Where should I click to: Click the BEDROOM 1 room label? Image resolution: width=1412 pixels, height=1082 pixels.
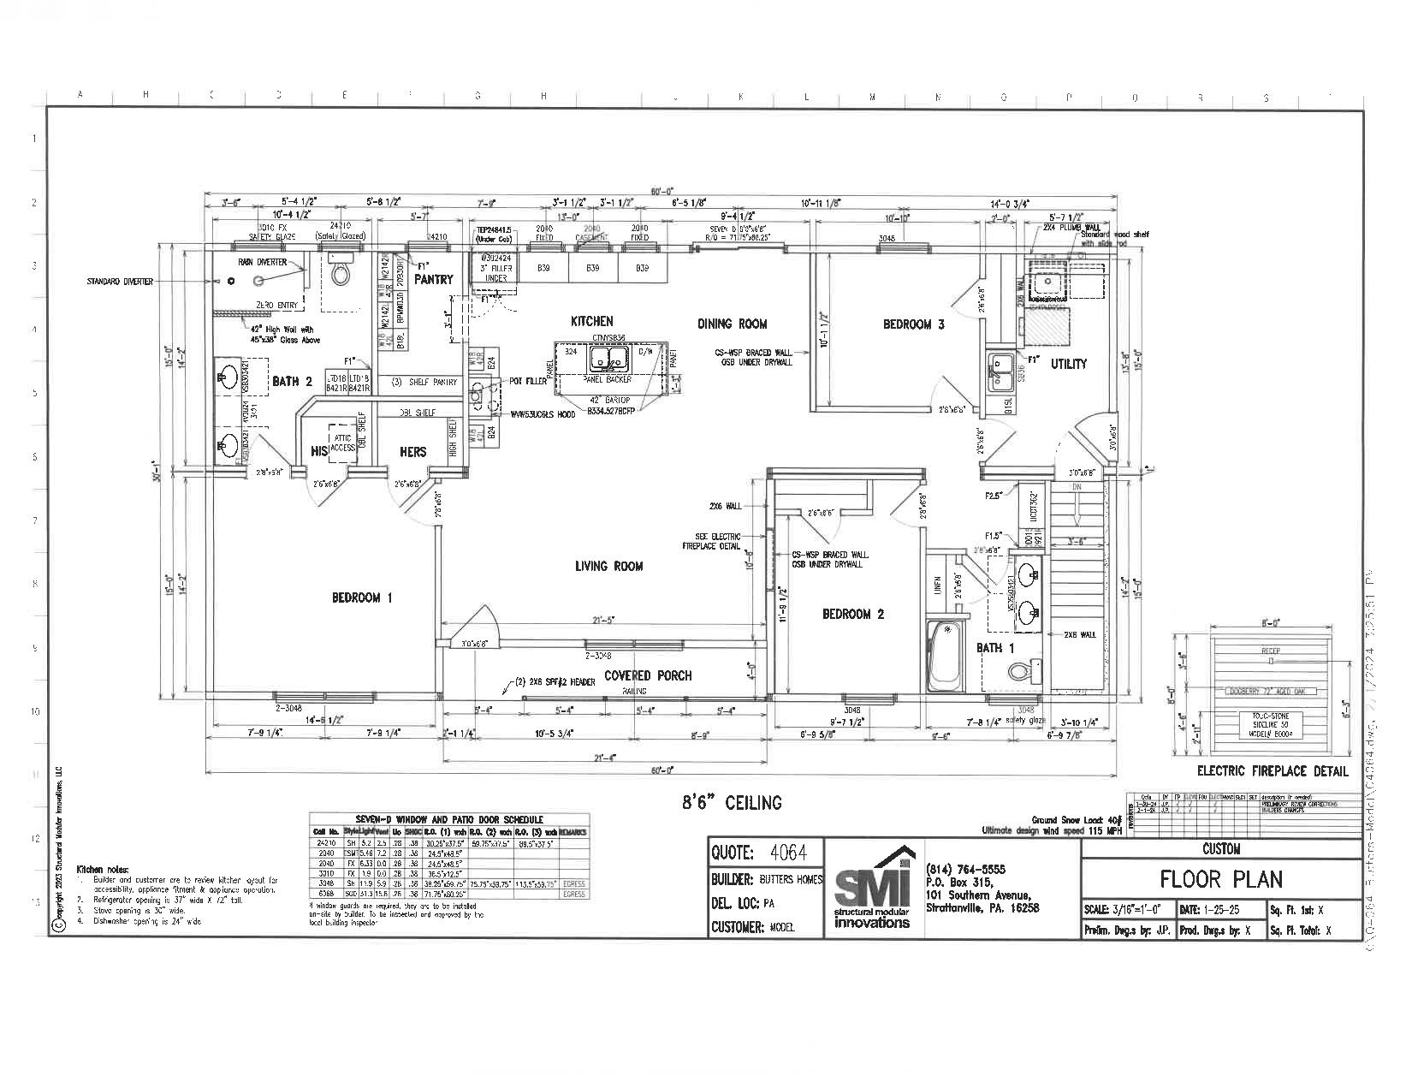tap(361, 597)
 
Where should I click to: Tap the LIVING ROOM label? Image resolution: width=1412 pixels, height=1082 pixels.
tap(608, 566)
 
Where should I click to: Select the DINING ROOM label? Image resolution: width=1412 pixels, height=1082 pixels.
tap(732, 324)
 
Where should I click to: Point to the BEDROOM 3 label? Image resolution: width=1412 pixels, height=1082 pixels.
tap(913, 324)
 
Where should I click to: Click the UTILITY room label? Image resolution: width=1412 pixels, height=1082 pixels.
tap(1068, 364)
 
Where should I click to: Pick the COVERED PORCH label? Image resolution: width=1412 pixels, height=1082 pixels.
tap(648, 675)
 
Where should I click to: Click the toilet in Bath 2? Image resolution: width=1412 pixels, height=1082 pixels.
tap(341, 273)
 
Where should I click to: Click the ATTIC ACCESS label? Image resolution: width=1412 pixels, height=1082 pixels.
tap(342, 442)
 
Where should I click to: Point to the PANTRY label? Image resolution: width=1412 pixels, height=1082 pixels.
tap(433, 280)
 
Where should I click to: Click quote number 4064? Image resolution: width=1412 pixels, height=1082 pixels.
tap(788, 853)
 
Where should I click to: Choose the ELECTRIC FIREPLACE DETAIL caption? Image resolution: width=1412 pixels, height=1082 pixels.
tap(1273, 770)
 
